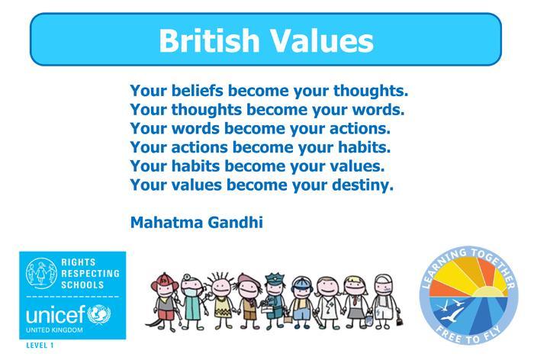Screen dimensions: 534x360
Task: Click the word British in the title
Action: click(209, 40)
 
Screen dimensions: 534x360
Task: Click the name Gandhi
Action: click(235, 223)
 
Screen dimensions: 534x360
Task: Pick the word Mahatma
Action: click(166, 223)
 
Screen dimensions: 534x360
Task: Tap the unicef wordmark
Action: click(56, 315)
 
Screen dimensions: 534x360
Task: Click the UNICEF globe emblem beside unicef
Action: click(99, 314)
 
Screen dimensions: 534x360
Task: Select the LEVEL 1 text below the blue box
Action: click(40, 346)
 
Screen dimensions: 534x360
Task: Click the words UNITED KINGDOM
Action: click(54, 330)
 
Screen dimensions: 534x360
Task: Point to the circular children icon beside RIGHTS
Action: click(41, 273)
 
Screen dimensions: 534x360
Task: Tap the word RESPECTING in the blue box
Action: click(90, 274)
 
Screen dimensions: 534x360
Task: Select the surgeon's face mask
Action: click(189, 292)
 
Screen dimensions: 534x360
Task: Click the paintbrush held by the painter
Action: click(399, 319)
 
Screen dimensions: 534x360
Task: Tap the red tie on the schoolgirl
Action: click(355, 301)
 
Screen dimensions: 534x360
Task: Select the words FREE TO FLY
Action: click(469, 336)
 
